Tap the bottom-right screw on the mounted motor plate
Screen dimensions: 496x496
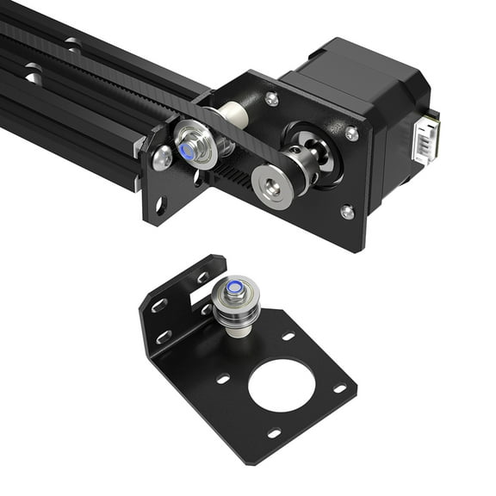tap(346, 211)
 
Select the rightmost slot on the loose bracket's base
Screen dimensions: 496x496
tap(339, 388)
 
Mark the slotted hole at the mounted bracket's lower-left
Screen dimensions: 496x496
tap(160, 205)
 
